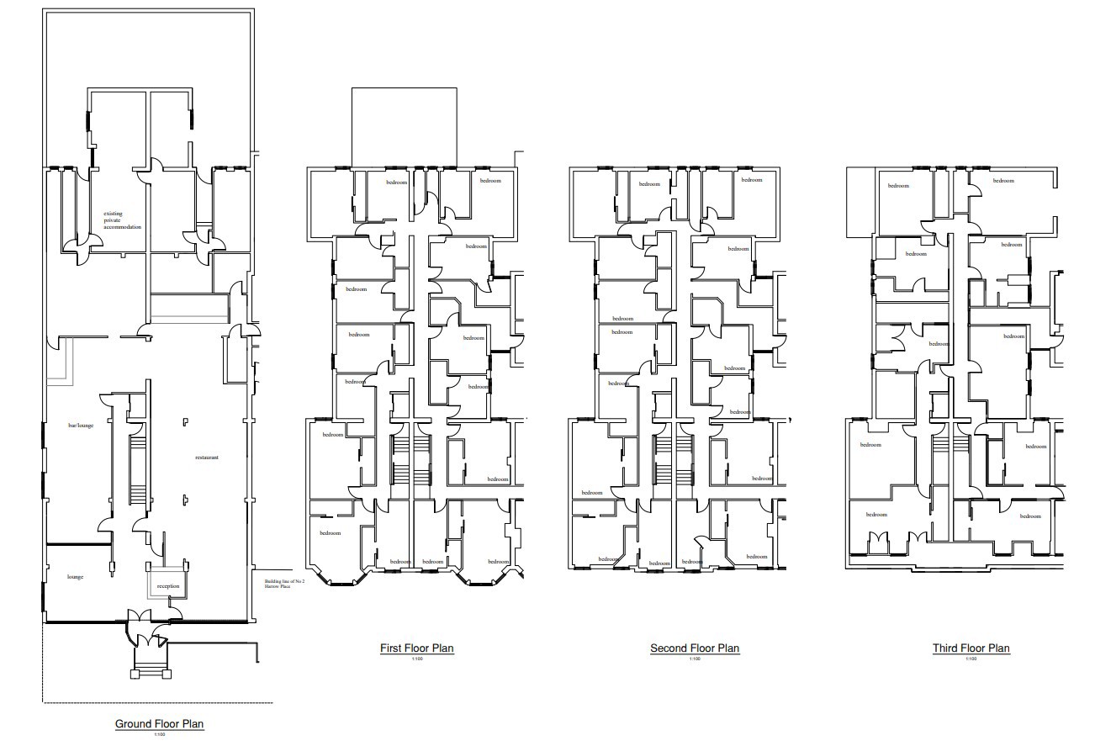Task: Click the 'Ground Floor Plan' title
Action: coord(159,723)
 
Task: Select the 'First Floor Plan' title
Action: coord(416,648)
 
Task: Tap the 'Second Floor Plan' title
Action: coord(694,648)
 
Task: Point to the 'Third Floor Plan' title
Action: coord(971,648)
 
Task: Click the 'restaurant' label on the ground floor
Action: coord(207,458)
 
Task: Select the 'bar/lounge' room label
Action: coord(81,426)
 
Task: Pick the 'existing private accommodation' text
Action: coord(122,220)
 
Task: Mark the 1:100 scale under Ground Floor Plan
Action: coord(159,735)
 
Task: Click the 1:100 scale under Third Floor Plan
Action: coord(971,659)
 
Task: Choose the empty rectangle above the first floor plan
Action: coord(404,126)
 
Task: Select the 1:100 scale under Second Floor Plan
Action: coord(694,659)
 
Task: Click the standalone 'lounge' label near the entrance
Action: coord(75,577)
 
